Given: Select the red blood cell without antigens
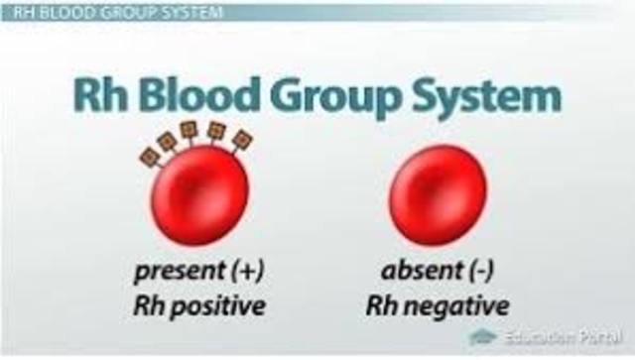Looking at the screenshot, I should pos(437,194).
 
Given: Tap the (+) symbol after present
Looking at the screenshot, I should pos(247,270).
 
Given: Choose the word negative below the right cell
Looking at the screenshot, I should pos(461,305).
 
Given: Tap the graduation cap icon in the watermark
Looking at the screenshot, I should pos(483,337).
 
